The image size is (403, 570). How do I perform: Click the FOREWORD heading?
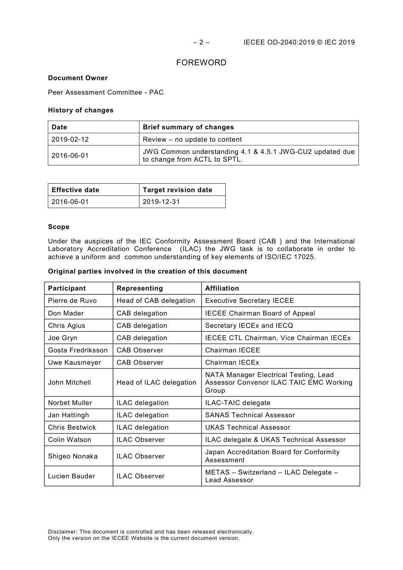tap(201, 63)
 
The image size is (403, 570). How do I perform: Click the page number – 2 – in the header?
tap(201, 42)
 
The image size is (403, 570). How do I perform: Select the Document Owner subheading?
tap(78, 78)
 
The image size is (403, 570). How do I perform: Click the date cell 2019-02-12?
tap(70, 140)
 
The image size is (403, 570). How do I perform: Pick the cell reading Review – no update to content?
tap(192, 140)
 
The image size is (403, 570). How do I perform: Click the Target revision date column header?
tap(177, 190)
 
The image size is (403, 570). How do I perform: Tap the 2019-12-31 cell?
tap(161, 202)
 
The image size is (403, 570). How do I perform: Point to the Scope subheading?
tap(59, 227)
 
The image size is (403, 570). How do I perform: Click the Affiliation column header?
tap(222, 288)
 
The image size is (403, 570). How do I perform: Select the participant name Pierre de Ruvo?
tap(72, 301)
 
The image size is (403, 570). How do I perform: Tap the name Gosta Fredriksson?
tap(78, 350)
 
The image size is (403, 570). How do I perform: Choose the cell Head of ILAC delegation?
tap(156, 383)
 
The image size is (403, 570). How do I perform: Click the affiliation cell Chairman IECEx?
tap(232, 363)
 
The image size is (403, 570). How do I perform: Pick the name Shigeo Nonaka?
tap(73, 456)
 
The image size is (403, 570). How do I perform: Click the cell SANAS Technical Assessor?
tap(250, 415)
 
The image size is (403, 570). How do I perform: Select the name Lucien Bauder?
tap(71, 476)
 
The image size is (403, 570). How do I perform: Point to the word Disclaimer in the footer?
tap(62, 532)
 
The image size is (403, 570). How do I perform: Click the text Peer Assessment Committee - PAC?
tap(106, 92)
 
